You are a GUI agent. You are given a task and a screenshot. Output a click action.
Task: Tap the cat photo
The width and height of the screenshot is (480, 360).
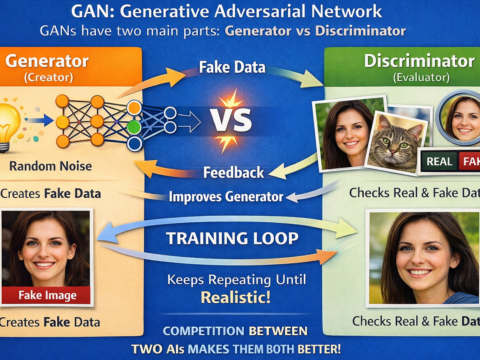[x=394, y=140]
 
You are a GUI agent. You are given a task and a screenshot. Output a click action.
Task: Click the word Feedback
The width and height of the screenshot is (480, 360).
[x=233, y=171]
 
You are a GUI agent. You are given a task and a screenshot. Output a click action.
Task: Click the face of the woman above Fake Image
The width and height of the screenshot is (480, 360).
[x=46, y=246]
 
